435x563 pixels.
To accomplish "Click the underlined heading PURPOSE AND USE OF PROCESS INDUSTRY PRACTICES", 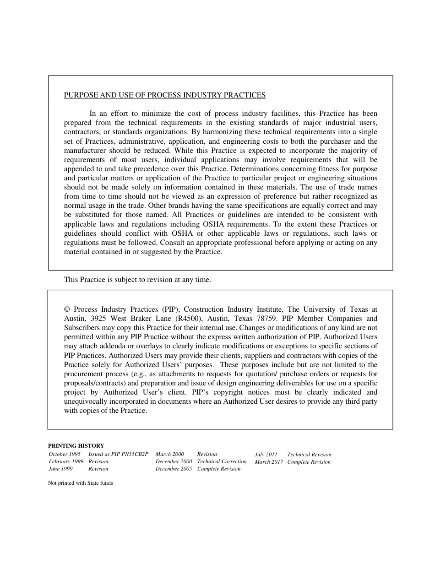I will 165,95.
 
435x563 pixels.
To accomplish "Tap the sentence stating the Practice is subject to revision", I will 137,280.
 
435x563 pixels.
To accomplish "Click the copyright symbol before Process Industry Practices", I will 67,309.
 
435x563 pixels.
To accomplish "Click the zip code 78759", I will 267,319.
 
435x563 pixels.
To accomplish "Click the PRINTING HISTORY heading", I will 76,446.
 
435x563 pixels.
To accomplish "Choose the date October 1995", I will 65,455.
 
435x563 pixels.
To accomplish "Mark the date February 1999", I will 66,462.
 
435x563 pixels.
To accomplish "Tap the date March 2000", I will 169,455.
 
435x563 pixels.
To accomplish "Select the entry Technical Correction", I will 222,462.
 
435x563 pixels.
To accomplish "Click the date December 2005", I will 174,469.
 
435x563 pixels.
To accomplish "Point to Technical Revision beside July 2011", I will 309,455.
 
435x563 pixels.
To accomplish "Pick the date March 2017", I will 269,462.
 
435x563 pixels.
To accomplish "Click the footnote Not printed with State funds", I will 80,483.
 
